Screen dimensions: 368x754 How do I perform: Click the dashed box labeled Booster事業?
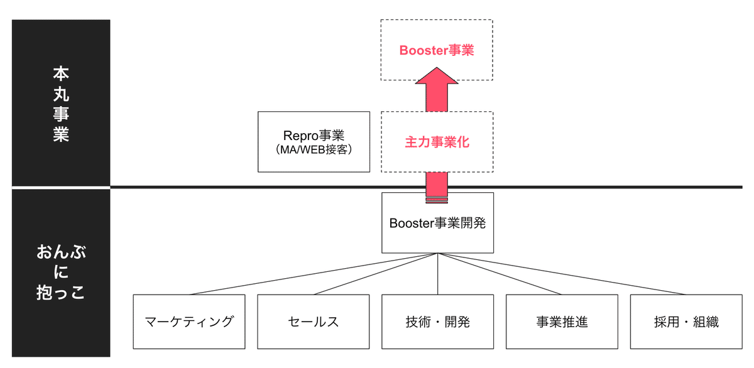point(437,50)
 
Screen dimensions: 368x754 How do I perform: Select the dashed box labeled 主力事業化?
point(437,142)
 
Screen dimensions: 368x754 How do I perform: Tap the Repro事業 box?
point(314,142)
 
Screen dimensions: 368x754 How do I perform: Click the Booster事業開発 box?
point(437,223)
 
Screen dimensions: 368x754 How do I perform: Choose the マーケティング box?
point(189,322)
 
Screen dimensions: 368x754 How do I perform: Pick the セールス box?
point(314,322)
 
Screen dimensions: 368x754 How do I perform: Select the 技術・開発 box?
point(437,322)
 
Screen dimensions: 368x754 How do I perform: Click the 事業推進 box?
point(562,322)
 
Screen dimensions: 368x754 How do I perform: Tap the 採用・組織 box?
point(686,322)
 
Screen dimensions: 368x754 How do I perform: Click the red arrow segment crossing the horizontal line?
point(437,186)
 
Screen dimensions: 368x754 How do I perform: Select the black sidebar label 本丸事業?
point(61,104)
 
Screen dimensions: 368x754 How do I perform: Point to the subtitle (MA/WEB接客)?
point(314,149)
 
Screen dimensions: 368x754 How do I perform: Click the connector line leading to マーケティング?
point(314,274)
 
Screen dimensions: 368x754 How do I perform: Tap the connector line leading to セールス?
point(376,274)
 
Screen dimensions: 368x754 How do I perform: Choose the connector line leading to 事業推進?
point(500,274)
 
